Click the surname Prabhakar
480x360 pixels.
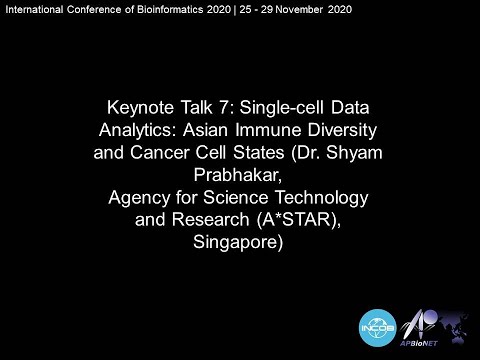[240, 177]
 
